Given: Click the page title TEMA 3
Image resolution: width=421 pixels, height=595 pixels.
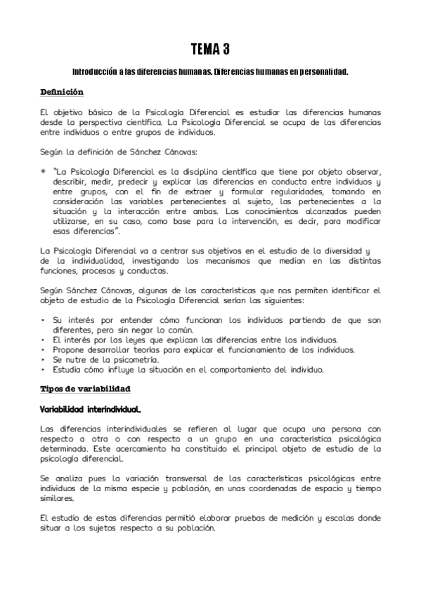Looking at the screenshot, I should (210, 49).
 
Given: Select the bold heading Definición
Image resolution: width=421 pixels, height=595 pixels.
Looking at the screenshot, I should (62, 92).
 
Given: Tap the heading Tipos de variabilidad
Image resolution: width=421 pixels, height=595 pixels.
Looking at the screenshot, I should (85, 388).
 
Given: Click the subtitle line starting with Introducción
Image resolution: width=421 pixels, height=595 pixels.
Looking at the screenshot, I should (210, 72).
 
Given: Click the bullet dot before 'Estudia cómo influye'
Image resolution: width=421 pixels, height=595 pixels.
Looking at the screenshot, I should (44, 369).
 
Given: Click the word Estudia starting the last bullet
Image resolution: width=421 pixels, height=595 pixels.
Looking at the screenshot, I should (68, 369).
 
